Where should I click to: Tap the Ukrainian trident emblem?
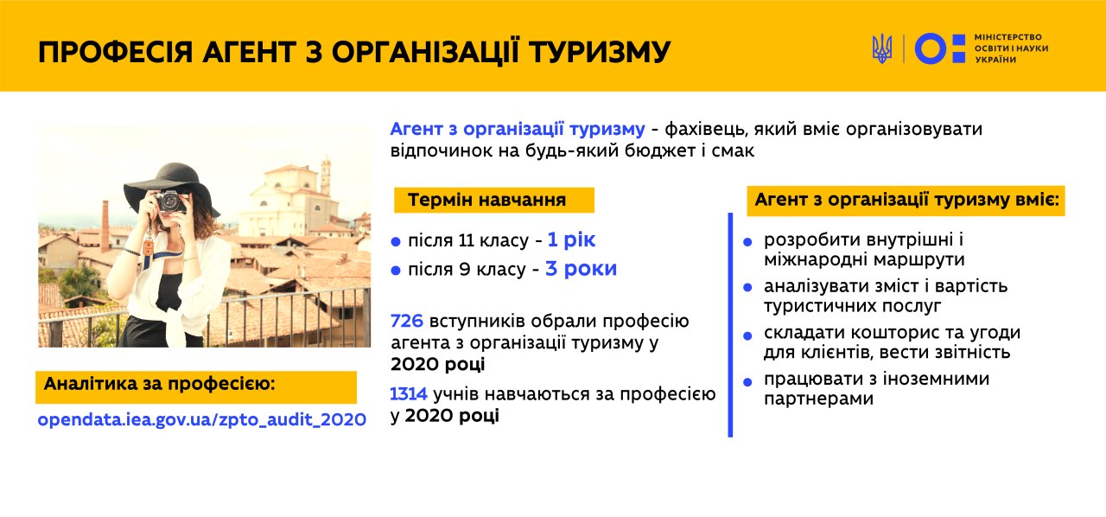coord(882,48)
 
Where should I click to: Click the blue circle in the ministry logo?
coord(931,48)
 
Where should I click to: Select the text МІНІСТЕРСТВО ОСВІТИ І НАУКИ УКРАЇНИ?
coord(1011,48)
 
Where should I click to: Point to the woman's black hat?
coord(171,188)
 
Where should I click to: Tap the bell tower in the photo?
coord(326,176)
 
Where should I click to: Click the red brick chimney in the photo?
coord(105,226)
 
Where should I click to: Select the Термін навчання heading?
coord(486,201)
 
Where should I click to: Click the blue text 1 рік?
coord(571,240)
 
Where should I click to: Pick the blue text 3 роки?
coord(582,269)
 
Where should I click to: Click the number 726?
coord(407,322)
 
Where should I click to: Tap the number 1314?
coord(409,394)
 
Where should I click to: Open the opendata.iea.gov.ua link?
coord(202,420)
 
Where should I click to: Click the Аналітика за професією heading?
coord(160,384)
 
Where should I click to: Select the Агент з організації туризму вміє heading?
coord(906,201)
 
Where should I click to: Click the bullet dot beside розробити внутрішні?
coord(747,242)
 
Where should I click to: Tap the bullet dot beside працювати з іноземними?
coord(747,382)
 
